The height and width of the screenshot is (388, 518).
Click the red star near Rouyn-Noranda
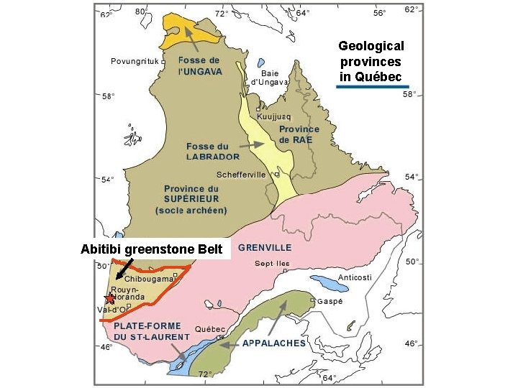[x=109, y=298]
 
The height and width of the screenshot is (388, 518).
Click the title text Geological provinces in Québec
[x=371, y=61]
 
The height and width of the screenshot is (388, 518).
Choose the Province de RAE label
[x=299, y=134]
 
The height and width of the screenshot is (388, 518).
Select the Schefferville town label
[x=241, y=175]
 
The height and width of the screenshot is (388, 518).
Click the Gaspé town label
[x=330, y=301]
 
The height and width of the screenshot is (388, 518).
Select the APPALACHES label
[x=273, y=343]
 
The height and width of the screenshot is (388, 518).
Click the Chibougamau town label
[x=148, y=279]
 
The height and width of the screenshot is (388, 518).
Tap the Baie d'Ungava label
[x=269, y=77]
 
